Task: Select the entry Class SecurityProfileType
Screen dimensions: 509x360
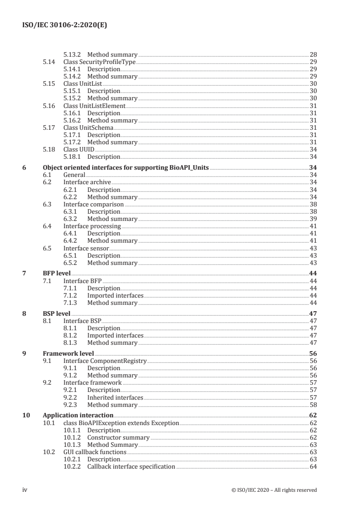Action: click(x=99, y=62)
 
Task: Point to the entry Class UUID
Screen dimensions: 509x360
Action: click(x=79, y=149)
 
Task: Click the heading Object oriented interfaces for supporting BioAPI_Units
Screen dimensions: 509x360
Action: click(x=126, y=168)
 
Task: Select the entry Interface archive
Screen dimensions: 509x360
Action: click(x=87, y=182)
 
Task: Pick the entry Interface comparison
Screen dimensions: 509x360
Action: click(x=94, y=204)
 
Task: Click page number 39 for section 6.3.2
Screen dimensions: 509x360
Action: click(x=313, y=219)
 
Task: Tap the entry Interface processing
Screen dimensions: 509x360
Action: click(x=92, y=226)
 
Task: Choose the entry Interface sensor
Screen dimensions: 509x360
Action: click(x=86, y=248)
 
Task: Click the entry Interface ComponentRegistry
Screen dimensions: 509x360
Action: click(x=105, y=361)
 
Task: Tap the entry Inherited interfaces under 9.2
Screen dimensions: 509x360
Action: click(x=115, y=397)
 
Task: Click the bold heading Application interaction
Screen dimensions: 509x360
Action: click(x=78, y=416)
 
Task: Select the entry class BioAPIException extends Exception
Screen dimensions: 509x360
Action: click(x=121, y=423)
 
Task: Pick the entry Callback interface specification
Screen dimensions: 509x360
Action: click(x=131, y=467)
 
